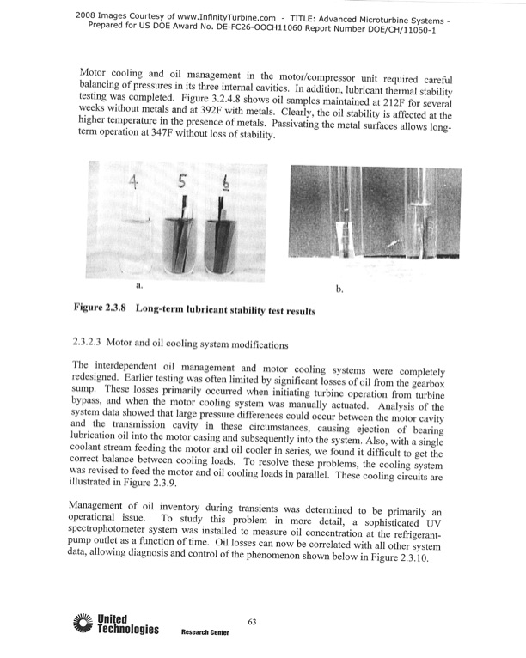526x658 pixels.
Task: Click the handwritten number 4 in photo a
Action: tap(135, 182)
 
